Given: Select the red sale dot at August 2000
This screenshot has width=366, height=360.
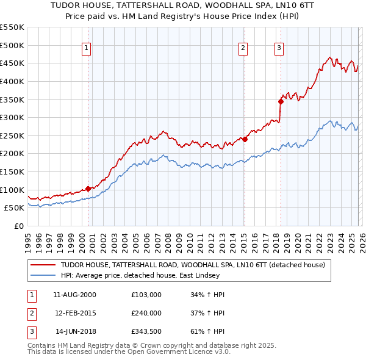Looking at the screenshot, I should point(88,189).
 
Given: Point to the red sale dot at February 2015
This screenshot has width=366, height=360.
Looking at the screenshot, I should point(245,139).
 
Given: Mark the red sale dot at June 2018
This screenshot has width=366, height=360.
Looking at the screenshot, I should point(281,101).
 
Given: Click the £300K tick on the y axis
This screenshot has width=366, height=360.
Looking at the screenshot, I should point(12,117).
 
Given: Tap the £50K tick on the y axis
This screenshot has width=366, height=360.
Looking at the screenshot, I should point(15,208).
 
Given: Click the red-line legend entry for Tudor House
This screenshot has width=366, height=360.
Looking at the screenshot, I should point(193,265).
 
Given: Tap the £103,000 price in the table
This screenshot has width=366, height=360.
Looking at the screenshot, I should point(146,295).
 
